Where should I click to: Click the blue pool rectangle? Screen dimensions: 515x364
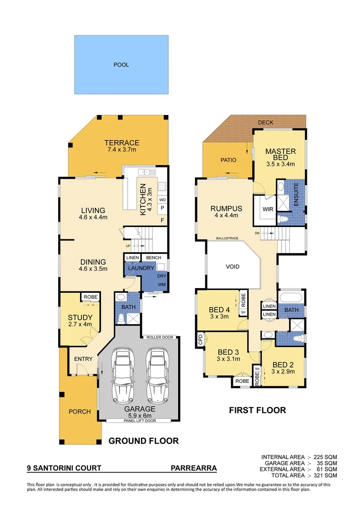[121, 64]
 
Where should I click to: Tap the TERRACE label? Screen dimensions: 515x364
[122, 143]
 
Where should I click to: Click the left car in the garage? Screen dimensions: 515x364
[121, 376]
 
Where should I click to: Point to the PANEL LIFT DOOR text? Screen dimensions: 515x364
[138, 421]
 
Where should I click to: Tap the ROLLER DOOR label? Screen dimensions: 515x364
[160, 337]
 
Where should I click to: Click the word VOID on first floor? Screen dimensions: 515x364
[233, 267]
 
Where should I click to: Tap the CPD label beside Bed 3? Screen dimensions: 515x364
[200, 340]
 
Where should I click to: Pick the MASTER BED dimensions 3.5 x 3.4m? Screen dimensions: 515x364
[280, 164]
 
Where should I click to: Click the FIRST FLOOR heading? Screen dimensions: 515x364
[257, 410]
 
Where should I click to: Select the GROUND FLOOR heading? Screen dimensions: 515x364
[143, 441]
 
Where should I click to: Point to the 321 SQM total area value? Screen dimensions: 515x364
[326, 475]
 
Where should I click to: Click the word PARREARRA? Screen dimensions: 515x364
[193, 468]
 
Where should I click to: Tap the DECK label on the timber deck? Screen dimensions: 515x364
[265, 123]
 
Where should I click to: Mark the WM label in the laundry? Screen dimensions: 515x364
[162, 285]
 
